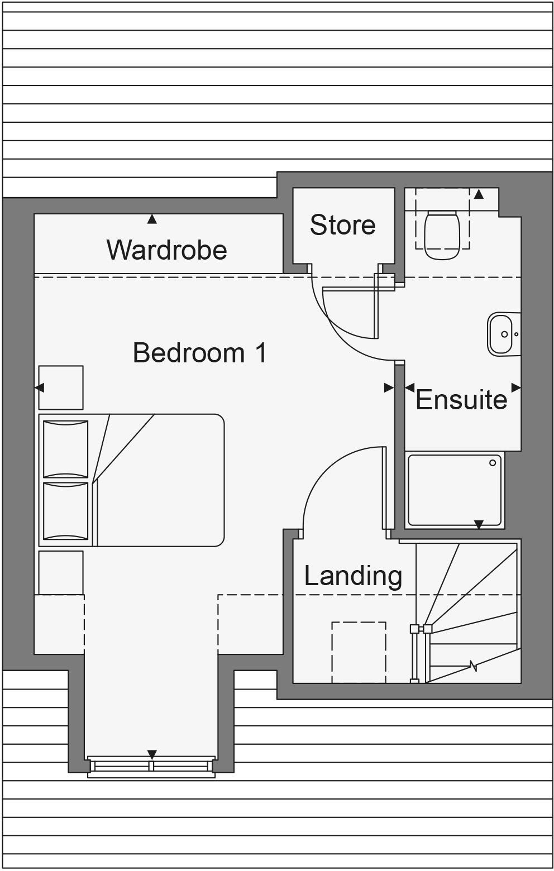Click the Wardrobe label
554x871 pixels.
pos(166,250)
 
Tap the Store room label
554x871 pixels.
pos(342,225)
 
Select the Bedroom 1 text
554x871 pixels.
pos(200,353)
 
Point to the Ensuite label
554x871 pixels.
pos(461,400)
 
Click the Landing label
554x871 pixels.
pos(353,576)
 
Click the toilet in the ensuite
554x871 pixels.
pos(441,234)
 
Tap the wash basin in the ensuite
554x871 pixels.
pos(500,334)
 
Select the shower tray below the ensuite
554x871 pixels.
pos(454,490)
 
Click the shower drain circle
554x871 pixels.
pos(493,463)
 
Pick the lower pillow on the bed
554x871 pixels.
pos(66,511)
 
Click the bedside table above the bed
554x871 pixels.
pos(61,387)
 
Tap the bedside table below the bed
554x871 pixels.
pos(61,572)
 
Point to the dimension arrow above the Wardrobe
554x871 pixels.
pos(152,219)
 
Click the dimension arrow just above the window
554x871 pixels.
pos(152,754)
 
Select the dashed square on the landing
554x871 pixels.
pos(359,652)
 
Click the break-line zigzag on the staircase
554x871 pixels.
pos(474,665)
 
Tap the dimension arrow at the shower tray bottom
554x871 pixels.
pos(479,525)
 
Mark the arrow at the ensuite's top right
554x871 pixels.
pos(479,194)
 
